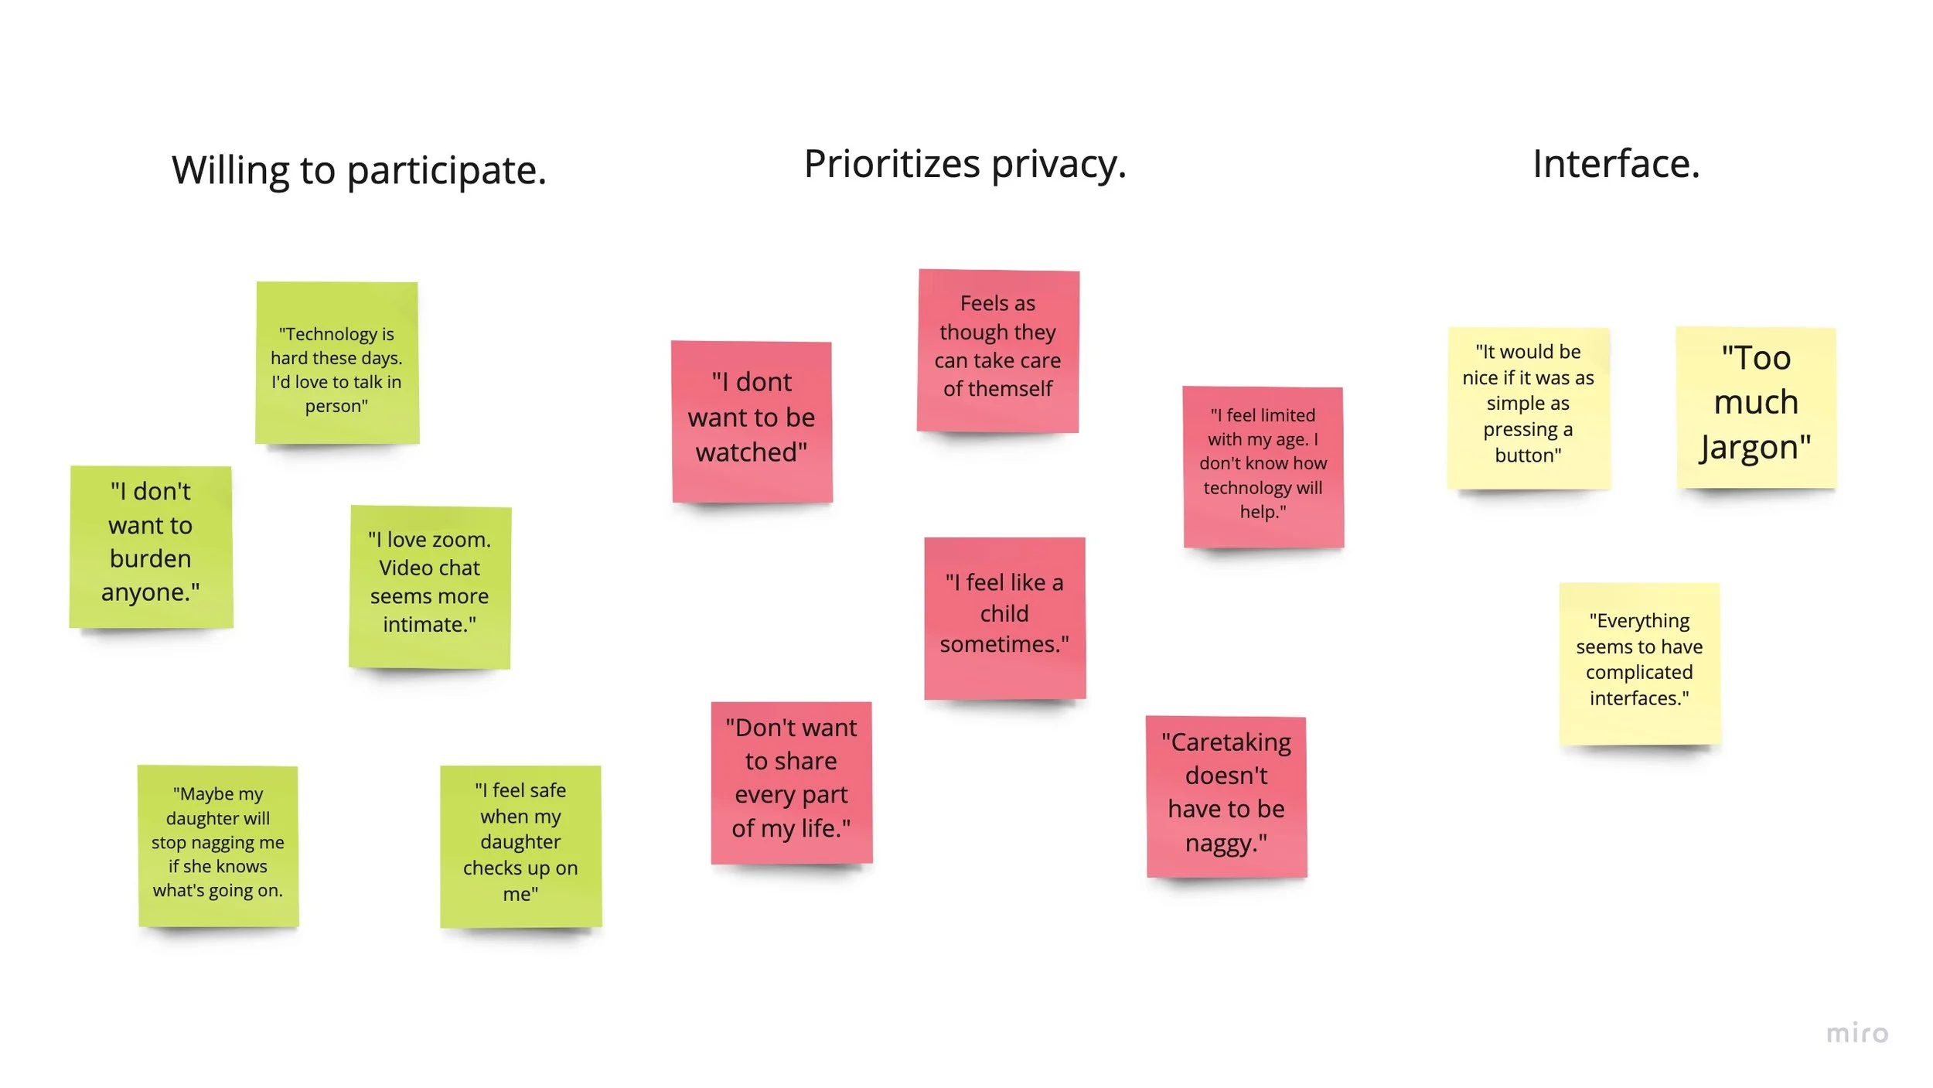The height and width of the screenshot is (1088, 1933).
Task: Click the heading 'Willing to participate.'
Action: (359, 170)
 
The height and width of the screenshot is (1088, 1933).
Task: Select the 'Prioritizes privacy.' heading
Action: (965, 164)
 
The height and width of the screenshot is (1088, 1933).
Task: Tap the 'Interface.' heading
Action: (1616, 164)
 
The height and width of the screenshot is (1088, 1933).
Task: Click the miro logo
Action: (1857, 1033)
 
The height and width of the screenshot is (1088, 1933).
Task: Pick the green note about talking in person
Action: (337, 363)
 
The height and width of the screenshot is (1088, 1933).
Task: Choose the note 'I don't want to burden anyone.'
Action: (151, 546)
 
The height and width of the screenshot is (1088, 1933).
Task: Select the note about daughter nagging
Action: (218, 845)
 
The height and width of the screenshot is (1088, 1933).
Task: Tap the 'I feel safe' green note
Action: (520, 845)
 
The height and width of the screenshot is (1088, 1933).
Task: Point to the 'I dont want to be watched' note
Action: (752, 421)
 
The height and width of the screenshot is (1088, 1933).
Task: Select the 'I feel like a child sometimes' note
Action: (1004, 617)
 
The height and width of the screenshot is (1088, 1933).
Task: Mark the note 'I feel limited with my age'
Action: (1263, 466)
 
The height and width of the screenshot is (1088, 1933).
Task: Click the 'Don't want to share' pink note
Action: (791, 782)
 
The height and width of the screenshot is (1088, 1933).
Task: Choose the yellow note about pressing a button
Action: (1528, 408)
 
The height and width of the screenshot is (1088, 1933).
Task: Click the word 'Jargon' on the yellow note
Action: (1754, 449)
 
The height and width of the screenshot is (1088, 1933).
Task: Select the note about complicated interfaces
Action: (1639, 663)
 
